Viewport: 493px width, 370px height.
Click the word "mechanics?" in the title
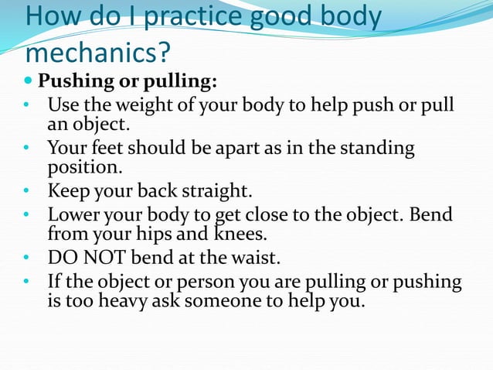click(x=97, y=52)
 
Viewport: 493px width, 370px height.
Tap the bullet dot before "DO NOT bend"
click(x=25, y=257)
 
